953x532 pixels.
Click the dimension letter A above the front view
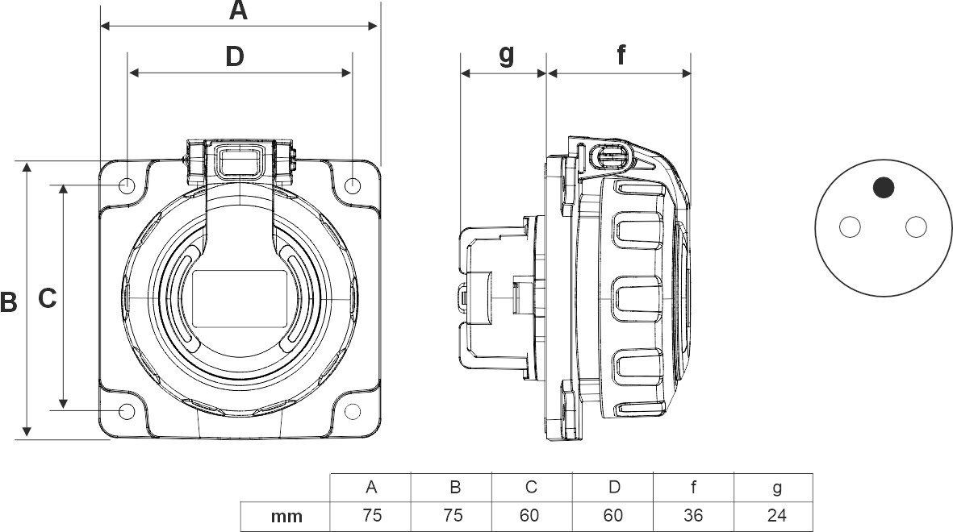(x=238, y=10)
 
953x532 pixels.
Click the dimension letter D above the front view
(x=234, y=56)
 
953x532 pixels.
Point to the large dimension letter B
(x=8, y=302)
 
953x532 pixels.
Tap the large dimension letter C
(x=48, y=298)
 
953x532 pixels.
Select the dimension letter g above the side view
(x=506, y=54)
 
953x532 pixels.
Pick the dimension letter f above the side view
(x=621, y=55)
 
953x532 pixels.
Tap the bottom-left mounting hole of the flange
(x=127, y=412)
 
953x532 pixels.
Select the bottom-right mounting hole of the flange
(x=353, y=412)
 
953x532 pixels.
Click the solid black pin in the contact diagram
(x=884, y=188)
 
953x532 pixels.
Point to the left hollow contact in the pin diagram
(x=850, y=228)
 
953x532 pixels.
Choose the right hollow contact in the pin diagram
(x=916, y=228)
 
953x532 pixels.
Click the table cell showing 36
(x=692, y=515)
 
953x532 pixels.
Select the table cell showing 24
(x=774, y=515)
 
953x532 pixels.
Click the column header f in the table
(x=693, y=487)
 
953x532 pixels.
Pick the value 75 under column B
(x=454, y=515)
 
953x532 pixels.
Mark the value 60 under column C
(x=531, y=515)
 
